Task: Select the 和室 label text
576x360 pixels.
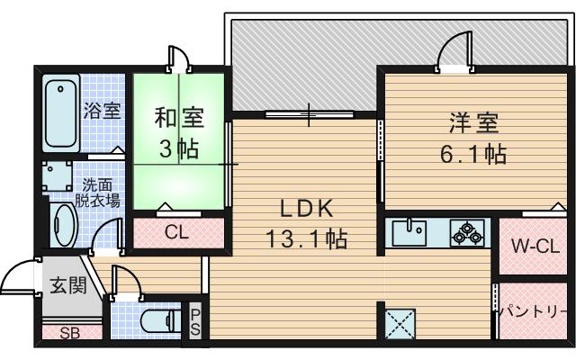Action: (x=178, y=118)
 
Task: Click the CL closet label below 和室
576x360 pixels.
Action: (x=176, y=231)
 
